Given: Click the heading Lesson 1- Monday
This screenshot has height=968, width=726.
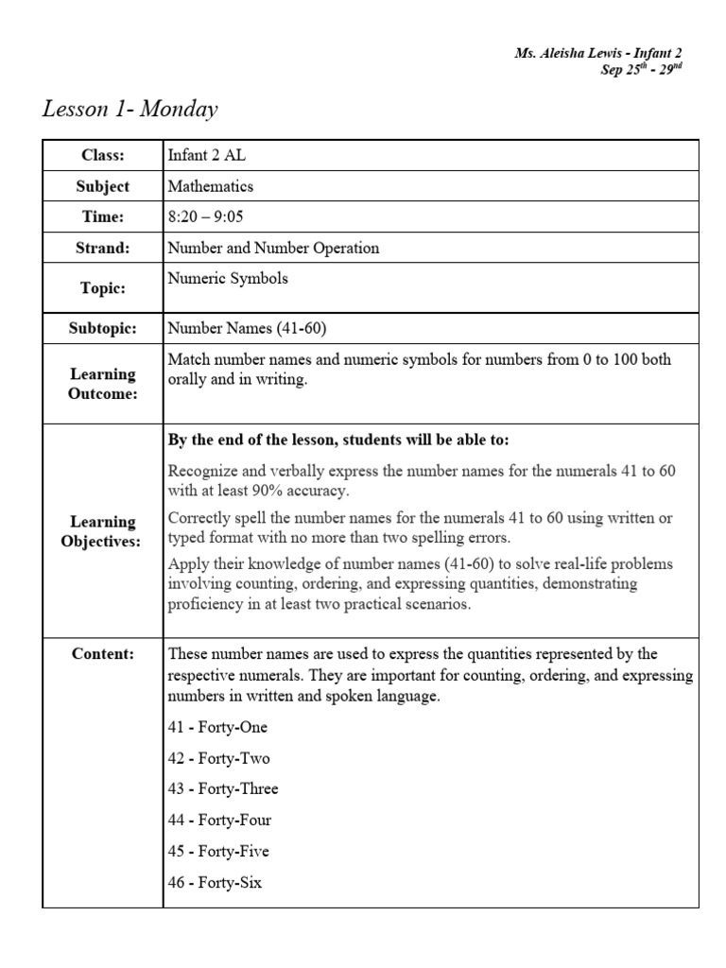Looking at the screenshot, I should (130, 110).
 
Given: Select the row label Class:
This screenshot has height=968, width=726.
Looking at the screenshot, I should (102, 155).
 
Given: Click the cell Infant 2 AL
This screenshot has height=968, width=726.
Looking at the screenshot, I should (206, 155).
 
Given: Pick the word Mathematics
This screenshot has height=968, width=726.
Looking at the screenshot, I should (210, 186).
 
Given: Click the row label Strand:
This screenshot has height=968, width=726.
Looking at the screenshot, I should (102, 249).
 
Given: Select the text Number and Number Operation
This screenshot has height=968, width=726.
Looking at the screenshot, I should (273, 249).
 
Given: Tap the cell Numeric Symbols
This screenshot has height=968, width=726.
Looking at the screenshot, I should (228, 279).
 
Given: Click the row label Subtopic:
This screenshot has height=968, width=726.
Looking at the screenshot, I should (102, 329).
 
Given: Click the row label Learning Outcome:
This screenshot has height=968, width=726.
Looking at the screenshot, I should (102, 384).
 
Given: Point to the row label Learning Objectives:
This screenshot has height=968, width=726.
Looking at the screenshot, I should (102, 531).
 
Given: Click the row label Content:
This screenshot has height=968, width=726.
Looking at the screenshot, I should (102, 654).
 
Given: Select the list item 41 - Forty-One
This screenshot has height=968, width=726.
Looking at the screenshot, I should (217, 727).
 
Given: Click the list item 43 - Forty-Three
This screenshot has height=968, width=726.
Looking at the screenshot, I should (223, 789).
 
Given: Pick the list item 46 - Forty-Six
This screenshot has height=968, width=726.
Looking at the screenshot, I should (215, 883).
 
